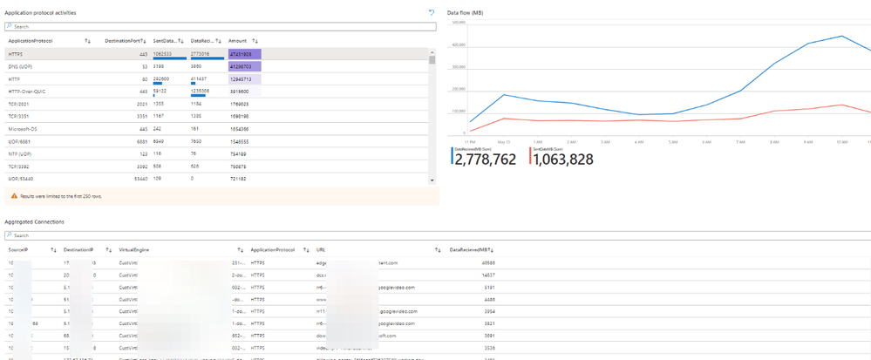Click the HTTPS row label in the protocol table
coord(16,53)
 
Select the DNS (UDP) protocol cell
coord(21,65)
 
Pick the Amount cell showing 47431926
coord(241,53)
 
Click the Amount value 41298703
coord(241,65)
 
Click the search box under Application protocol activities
coord(218,26)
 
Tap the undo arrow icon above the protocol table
coord(431,12)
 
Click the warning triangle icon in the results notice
coord(13,196)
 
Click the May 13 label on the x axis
coord(503,140)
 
